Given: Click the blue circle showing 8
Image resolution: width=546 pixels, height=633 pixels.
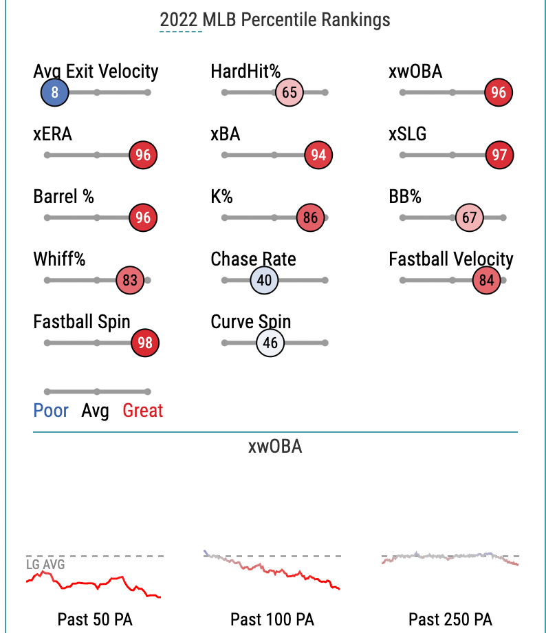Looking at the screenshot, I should pyautogui.click(x=54, y=92).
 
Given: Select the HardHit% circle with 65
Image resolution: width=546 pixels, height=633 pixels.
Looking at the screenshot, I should pyautogui.click(x=290, y=92).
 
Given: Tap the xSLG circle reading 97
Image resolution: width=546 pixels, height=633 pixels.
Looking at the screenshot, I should pyautogui.click(x=499, y=155).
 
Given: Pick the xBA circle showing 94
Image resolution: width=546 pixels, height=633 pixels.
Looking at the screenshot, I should pyautogui.click(x=318, y=155).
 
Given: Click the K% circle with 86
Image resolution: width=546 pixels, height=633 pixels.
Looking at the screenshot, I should pyautogui.click(x=310, y=218).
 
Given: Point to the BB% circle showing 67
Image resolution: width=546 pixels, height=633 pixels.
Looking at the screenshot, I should pyautogui.click(x=470, y=218).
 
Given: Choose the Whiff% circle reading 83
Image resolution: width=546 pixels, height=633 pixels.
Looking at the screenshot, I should pyautogui.click(x=130, y=281).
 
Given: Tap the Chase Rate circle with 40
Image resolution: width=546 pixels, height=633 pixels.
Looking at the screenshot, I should pyautogui.click(x=265, y=281).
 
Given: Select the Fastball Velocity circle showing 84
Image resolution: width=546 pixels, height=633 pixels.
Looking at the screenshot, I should pyautogui.click(x=487, y=281).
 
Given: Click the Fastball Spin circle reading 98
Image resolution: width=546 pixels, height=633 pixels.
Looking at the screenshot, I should pyautogui.click(x=144, y=343).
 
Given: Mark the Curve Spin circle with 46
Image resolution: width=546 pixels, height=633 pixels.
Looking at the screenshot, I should pyautogui.click(x=270, y=343).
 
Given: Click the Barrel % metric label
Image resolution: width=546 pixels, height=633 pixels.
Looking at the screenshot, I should pyautogui.click(x=64, y=197).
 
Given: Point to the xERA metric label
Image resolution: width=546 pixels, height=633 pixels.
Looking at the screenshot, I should pyautogui.click(x=52, y=134).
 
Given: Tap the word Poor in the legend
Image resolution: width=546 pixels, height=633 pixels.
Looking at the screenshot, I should pyautogui.click(x=51, y=411).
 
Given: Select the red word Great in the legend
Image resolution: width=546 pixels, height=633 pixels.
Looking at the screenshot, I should pyautogui.click(x=143, y=411).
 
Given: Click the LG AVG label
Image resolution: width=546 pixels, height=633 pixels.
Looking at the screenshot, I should pyautogui.click(x=45, y=565).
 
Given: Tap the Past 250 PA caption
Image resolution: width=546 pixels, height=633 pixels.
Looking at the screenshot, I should pyautogui.click(x=450, y=619).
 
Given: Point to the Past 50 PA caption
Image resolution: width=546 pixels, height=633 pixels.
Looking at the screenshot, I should pyautogui.click(x=95, y=619).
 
